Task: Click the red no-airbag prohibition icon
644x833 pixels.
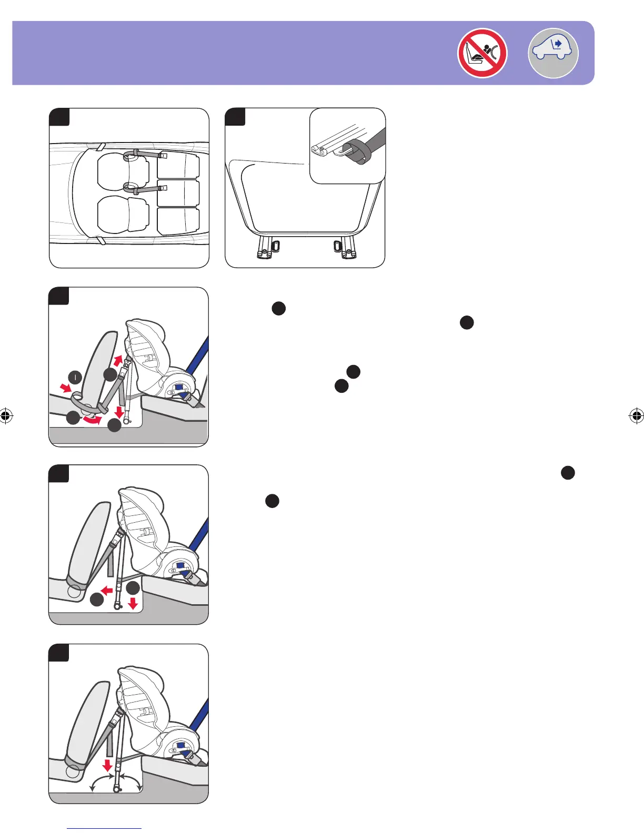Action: tap(482, 53)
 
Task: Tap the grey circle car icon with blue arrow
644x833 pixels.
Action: tap(553, 53)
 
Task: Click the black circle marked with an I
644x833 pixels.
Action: tap(75, 377)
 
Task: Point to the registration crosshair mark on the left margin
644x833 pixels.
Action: tap(6, 416)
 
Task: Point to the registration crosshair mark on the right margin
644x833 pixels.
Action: tap(636, 416)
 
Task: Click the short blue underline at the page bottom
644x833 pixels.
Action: tap(105, 829)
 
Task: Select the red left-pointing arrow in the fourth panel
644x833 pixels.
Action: tap(107, 591)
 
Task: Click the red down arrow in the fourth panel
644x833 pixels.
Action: tap(133, 603)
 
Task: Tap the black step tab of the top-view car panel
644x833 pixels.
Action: tap(60, 117)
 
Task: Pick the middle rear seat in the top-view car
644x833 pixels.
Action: tap(178, 193)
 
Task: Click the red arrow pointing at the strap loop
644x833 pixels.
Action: tap(66, 388)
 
